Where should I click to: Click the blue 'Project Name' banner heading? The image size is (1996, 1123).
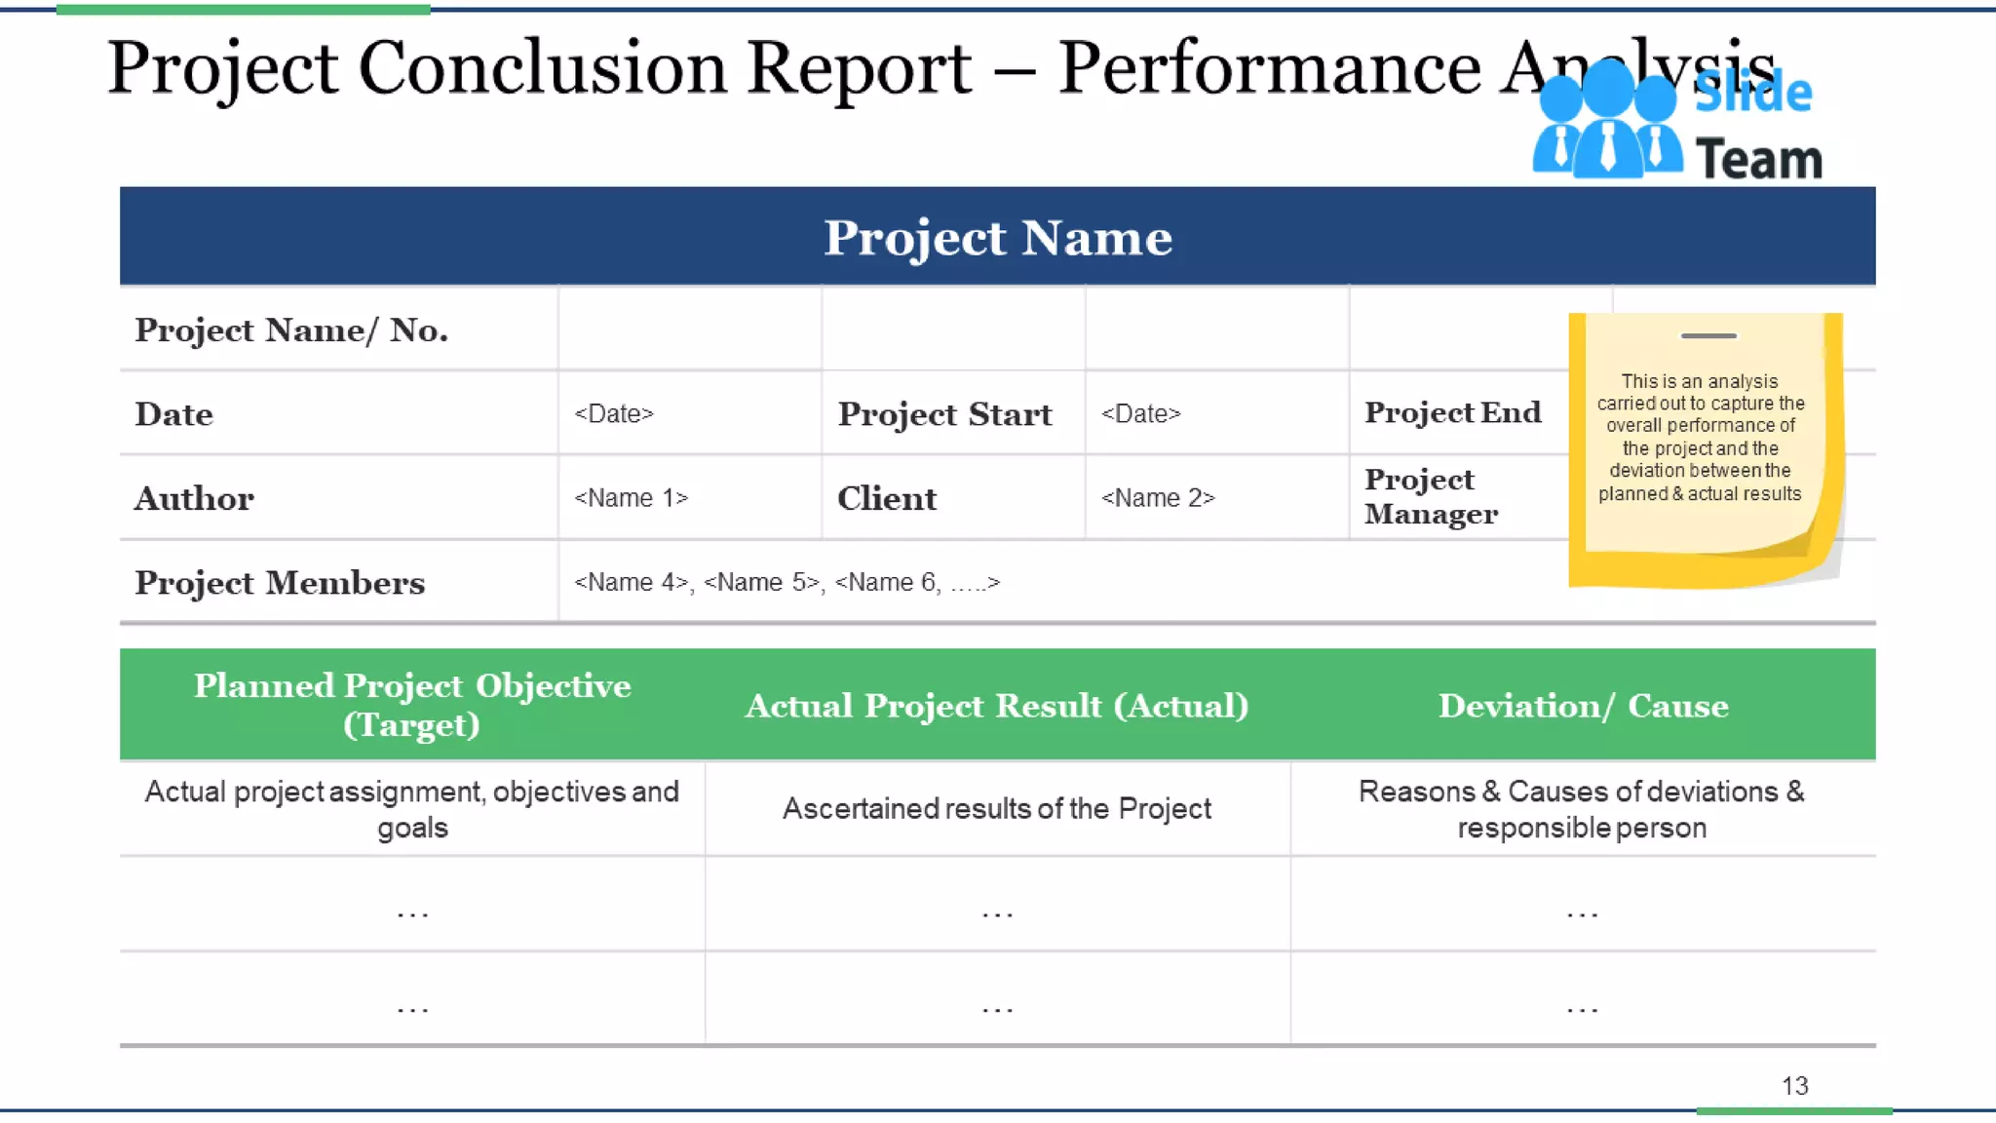coord(997,237)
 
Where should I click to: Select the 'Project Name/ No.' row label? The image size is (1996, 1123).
coord(290,330)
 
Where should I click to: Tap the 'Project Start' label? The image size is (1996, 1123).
coord(944,414)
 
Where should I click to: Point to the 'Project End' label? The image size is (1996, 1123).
coord(1452,412)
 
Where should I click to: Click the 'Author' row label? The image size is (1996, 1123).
coord(194,498)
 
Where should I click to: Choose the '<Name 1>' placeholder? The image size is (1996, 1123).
coord(631,498)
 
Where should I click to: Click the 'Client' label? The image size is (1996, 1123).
coord(886,498)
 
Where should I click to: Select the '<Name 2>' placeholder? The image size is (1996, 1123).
coord(1157,498)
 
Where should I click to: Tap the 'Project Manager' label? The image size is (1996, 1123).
coord(1430,496)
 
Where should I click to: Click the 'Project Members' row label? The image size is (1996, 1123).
coord(280,582)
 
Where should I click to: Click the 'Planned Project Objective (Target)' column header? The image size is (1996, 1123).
coord(412,705)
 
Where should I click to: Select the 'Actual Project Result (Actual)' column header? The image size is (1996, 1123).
coord(997,705)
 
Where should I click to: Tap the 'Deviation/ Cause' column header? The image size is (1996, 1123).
coord(1583,705)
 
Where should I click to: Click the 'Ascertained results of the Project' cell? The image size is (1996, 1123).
coord(997,808)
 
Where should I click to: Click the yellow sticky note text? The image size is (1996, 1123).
coord(1700,437)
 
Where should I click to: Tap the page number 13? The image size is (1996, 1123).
coord(1794,1086)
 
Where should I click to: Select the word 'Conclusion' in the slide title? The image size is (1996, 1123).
coord(542,68)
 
